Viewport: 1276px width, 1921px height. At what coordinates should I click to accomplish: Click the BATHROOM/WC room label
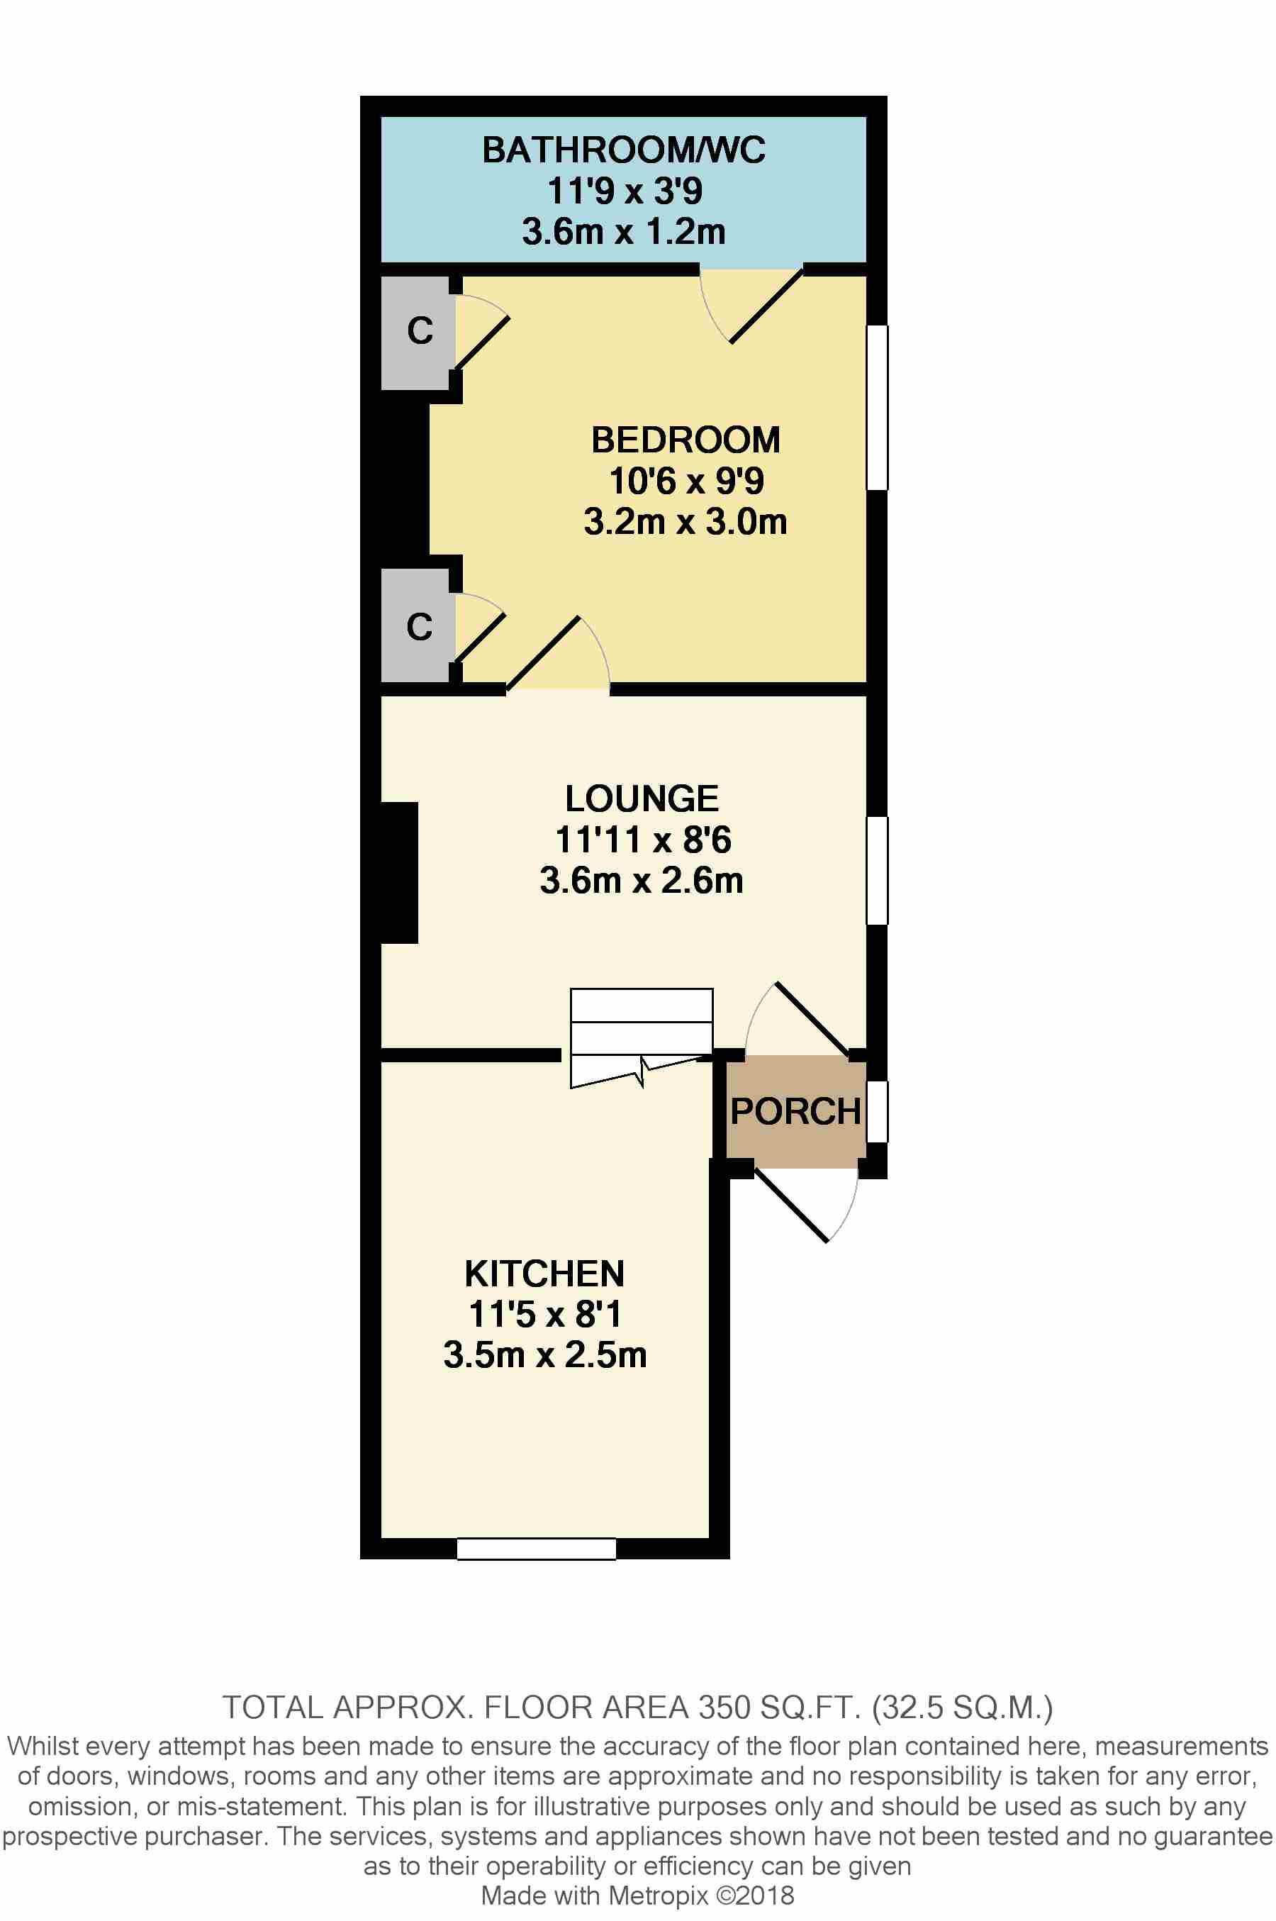(x=623, y=150)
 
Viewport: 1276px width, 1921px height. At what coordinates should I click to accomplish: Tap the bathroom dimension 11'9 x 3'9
(x=624, y=191)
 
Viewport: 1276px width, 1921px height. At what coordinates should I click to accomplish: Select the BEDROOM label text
(x=685, y=440)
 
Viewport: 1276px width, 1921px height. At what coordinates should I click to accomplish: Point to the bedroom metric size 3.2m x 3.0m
(x=685, y=522)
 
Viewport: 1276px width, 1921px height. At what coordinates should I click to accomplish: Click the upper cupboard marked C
(x=418, y=331)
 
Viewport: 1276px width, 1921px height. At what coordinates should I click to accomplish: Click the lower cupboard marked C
(x=418, y=627)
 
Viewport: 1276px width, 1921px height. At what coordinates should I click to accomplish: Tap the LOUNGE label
(x=642, y=798)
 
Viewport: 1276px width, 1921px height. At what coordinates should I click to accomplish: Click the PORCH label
(x=795, y=1112)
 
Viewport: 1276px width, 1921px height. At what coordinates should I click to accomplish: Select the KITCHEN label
(x=544, y=1274)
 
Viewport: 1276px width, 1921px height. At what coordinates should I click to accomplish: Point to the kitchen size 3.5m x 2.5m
(x=544, y=1355)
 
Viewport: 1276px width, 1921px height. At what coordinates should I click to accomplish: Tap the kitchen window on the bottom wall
(x=537, y=1548)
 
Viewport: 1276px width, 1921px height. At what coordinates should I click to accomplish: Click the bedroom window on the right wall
(x=876, y=407)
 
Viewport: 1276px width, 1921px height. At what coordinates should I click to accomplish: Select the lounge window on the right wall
(x=876, y=870)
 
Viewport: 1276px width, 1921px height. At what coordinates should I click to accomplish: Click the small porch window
(x=876, y=1111)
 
